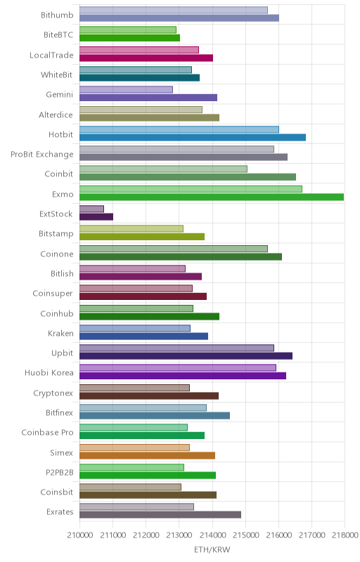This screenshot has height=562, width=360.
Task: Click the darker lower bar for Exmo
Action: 212,197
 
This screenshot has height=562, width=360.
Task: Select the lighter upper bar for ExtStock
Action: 92,209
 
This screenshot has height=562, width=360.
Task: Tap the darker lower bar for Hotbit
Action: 193,137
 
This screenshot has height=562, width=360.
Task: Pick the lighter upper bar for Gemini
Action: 127,89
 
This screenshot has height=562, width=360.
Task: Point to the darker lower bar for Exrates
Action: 160,515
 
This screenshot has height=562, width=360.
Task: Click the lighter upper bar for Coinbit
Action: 164,169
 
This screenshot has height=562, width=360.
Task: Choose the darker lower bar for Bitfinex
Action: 155,415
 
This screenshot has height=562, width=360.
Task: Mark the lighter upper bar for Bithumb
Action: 174,10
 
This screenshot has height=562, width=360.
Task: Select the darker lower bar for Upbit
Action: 186,355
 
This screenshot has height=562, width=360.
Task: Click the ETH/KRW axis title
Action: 212,549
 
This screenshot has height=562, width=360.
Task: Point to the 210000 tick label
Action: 79,535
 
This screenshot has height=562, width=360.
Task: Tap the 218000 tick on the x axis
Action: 345,535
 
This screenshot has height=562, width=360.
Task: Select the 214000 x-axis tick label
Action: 212,535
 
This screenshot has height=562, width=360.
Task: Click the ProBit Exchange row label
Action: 42,154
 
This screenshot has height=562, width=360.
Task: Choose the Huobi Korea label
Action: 49,373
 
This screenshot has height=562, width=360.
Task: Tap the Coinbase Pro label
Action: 47,432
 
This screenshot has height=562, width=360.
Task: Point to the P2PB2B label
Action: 60,472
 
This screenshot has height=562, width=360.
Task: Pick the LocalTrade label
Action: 51,55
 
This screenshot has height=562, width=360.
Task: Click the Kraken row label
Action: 60,333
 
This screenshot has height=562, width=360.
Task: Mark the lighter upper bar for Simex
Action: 134,447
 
